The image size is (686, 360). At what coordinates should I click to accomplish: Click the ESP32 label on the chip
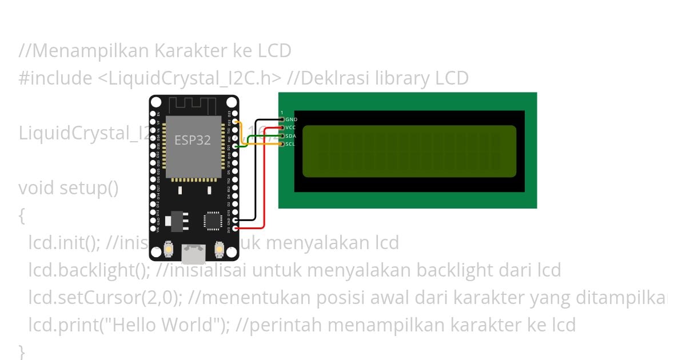(193, 141)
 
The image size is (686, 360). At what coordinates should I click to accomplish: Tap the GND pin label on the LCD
(291, 119)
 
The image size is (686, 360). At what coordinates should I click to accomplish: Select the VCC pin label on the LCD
(290, 127)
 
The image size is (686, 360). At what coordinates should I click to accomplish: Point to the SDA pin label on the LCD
(290, 136)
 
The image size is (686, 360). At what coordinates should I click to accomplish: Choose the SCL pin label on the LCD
(290, 144)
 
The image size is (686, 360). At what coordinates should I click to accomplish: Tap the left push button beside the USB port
(169, 249)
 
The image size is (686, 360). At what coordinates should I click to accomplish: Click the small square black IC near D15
(213, 220)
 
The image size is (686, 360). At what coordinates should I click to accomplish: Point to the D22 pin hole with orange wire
(236, 122)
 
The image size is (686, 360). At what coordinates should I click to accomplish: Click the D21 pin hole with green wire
(236, 146)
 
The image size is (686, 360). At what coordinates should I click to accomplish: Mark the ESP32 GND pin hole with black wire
(236, 220)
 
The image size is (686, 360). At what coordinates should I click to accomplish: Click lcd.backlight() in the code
(89, 270)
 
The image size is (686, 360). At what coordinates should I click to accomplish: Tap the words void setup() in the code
(68, 187)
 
